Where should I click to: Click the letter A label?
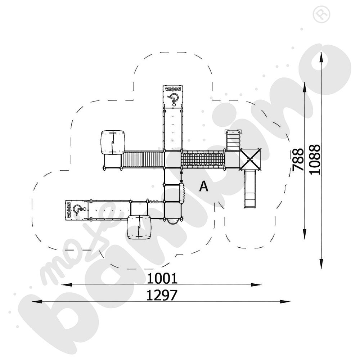204,186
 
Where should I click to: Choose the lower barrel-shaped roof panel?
139,228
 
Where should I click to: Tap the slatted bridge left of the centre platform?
143,159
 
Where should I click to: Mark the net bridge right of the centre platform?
203,159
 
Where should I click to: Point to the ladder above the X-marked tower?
232,140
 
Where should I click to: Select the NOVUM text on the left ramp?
68,210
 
